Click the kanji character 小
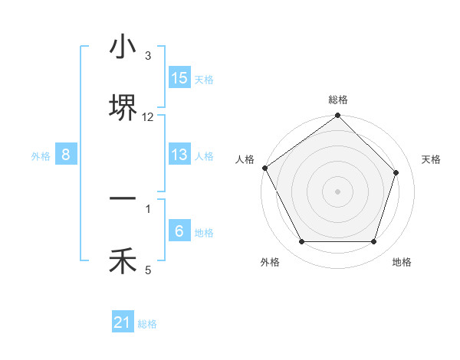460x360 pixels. tap(123, 47)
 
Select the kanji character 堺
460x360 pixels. tap(123, 108)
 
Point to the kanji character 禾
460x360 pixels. tap(123, 261)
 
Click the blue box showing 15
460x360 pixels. tap(179, 78)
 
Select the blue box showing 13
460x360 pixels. tap(179, 155)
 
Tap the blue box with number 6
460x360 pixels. tap(179, 231)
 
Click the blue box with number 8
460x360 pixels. tap(66, 155)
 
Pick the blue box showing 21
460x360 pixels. tap(123, 323)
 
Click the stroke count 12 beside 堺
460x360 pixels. tap(148, 117)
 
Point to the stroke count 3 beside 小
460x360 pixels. tap(148, 56)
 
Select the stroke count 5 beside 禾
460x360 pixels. tap(148, 270)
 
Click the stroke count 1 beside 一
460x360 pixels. tap(148, 208)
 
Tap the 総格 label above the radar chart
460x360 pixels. tap(338, 100)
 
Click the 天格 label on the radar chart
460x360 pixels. tap(432, 159)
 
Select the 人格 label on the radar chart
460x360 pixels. tap(245, 159)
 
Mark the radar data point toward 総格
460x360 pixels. tap(338, 116)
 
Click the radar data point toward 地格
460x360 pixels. tap(374, 242)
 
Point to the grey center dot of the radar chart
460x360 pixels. tap(338, 191)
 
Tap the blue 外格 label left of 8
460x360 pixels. tap(41, 155)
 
